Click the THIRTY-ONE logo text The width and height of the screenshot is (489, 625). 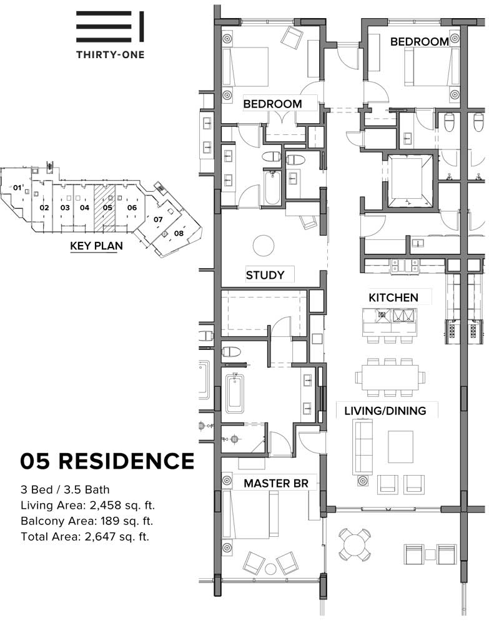point(111,54)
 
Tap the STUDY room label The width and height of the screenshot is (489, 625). point(265,275)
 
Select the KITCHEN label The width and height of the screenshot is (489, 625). point(393,297)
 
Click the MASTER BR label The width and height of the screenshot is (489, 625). point(276,484)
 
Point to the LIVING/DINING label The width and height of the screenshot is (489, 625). point(385,411)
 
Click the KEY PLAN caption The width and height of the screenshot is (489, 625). point(96,246)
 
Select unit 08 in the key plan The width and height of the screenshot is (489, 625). point(179,233)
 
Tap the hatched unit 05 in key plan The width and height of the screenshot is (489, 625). point(104,207)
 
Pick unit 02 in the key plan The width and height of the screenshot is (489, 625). point(44,207)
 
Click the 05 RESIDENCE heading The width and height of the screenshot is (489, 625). point(107,461)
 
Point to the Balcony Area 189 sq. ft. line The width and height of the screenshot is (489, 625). point(87,521)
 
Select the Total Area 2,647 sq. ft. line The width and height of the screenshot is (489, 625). point(85,536)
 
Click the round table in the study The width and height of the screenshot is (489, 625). point(264,246)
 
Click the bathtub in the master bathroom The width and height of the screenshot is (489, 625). point(236,393)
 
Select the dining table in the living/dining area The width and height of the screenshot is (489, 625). point(390,377)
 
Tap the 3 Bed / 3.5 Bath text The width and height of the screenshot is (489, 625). point(65,489)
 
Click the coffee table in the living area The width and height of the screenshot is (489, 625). point(400,446)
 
